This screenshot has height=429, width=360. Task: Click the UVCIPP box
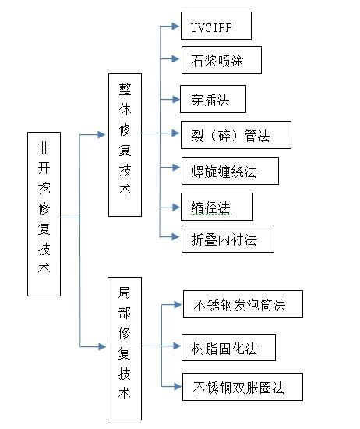[216, 26]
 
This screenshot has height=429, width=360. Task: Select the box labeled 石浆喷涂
[221, 60]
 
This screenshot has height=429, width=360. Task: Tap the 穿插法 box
[213, 99]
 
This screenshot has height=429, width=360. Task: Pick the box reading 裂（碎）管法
[236, 135]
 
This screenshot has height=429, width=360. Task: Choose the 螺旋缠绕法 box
[230, 171]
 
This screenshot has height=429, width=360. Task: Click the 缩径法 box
[217, 207]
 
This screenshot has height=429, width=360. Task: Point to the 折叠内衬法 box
[228, 239]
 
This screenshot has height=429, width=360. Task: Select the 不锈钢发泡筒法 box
[243, 304]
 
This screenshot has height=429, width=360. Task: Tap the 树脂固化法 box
[228, 347]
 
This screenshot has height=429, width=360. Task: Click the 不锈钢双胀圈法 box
[242, 387]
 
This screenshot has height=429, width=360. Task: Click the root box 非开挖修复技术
[44, 214]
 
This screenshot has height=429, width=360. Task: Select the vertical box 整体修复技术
[125, 145]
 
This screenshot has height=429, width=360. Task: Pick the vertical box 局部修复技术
[125, 349]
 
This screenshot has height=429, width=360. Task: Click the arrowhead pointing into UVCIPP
[175, 26]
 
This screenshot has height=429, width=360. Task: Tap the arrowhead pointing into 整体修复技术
[101, 134]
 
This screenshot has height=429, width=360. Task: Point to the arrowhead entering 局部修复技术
[102, 346]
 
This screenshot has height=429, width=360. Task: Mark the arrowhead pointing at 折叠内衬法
[175, 236]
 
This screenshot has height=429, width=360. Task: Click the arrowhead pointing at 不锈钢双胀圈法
[177, 386]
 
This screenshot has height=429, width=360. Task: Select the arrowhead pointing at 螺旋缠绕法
[175, 167]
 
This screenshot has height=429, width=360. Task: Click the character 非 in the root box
[44, 147]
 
